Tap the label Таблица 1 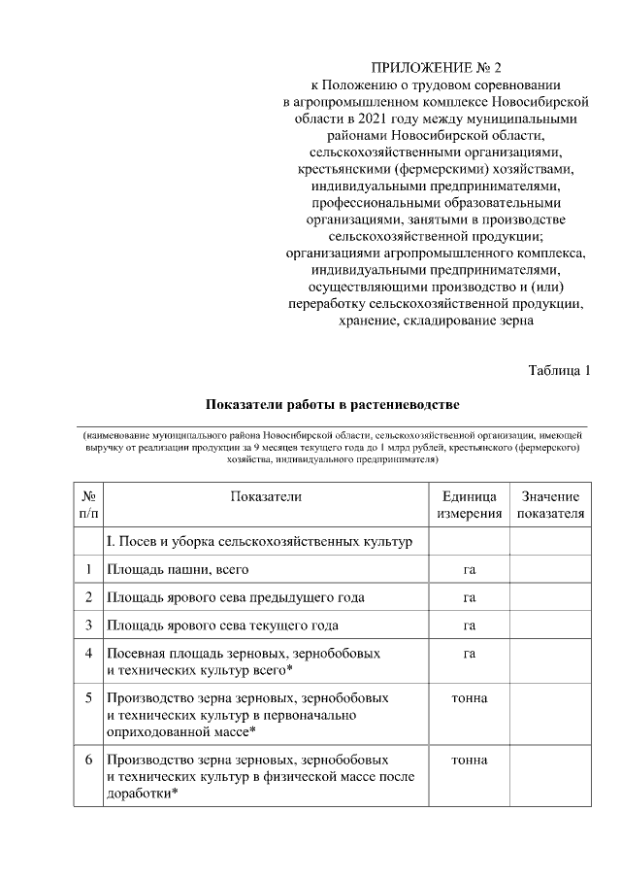click(x=559, y=370)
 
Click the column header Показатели click(x=266, y=496)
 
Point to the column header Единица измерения click(x=470, y=505)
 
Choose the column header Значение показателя click(x=550, y=505)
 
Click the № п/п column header click(x=88, y=505)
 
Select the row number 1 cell click(x=88, y=569)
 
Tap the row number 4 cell click(x=88, y=654)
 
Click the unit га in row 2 click(x=470, y=597)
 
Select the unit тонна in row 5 click(x=470, y=698)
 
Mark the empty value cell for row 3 click(x=550, y=625)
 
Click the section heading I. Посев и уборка click(x=259, y=541)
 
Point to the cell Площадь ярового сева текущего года click(x=222, y=625)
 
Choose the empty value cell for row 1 click(x=550, y=569)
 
